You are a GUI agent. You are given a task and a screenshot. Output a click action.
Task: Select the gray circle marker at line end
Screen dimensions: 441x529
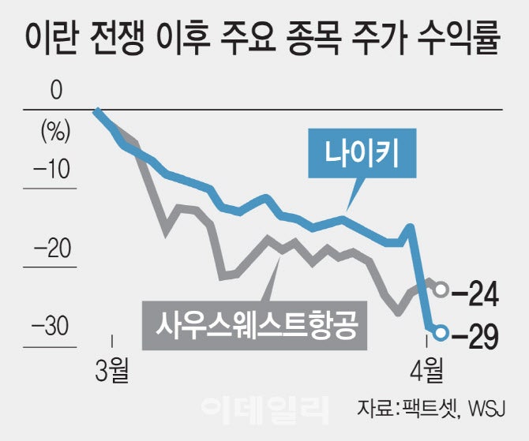click(441, 290)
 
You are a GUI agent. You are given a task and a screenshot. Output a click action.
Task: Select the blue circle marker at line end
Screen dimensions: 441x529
click(441, 333)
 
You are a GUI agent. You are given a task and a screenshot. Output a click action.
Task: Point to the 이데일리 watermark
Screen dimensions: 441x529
click(264, 407)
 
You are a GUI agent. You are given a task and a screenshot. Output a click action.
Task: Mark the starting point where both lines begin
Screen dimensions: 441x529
click(96, 111)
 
